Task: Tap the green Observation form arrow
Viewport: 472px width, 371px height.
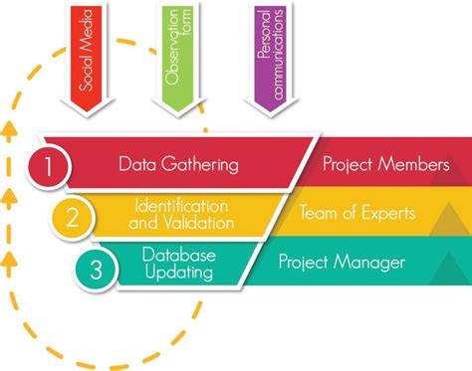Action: [x=179, y=55]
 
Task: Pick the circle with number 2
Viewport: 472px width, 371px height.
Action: [x=72, y=218]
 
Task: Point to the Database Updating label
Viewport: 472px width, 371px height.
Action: [x=178, y=262]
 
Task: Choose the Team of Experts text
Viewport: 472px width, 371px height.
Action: [x=359, y=212]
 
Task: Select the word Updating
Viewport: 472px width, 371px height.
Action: [x=178, y=271]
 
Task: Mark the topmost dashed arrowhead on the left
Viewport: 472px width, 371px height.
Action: [x=10, y=127]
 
